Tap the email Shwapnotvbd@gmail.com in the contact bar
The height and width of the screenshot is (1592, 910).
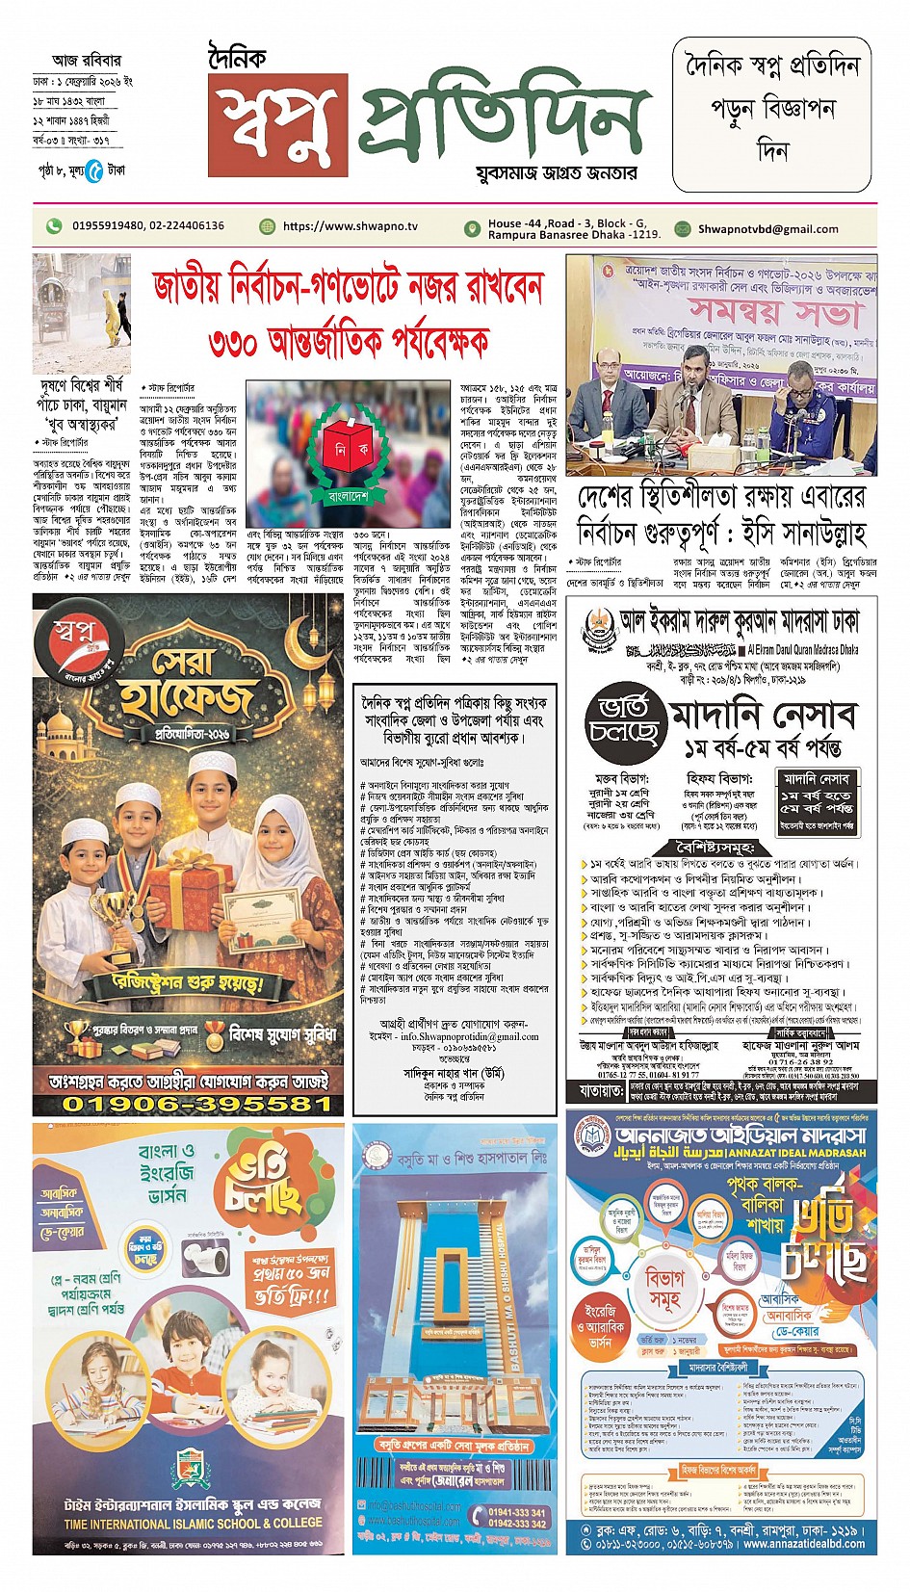pyautogui.click(x=767, y=229)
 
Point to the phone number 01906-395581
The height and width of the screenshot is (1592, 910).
pyautogui.click(x=197, y=1104)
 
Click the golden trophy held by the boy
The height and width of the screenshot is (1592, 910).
pyautogui.click(x=121, y=925)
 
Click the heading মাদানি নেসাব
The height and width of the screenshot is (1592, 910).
pyautogui.click(x=762, y=716)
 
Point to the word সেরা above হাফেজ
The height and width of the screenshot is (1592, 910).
pyautogui.click(x=188, y=663)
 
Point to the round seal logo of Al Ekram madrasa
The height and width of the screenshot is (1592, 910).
pyautogui.click(x=597, y=630)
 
